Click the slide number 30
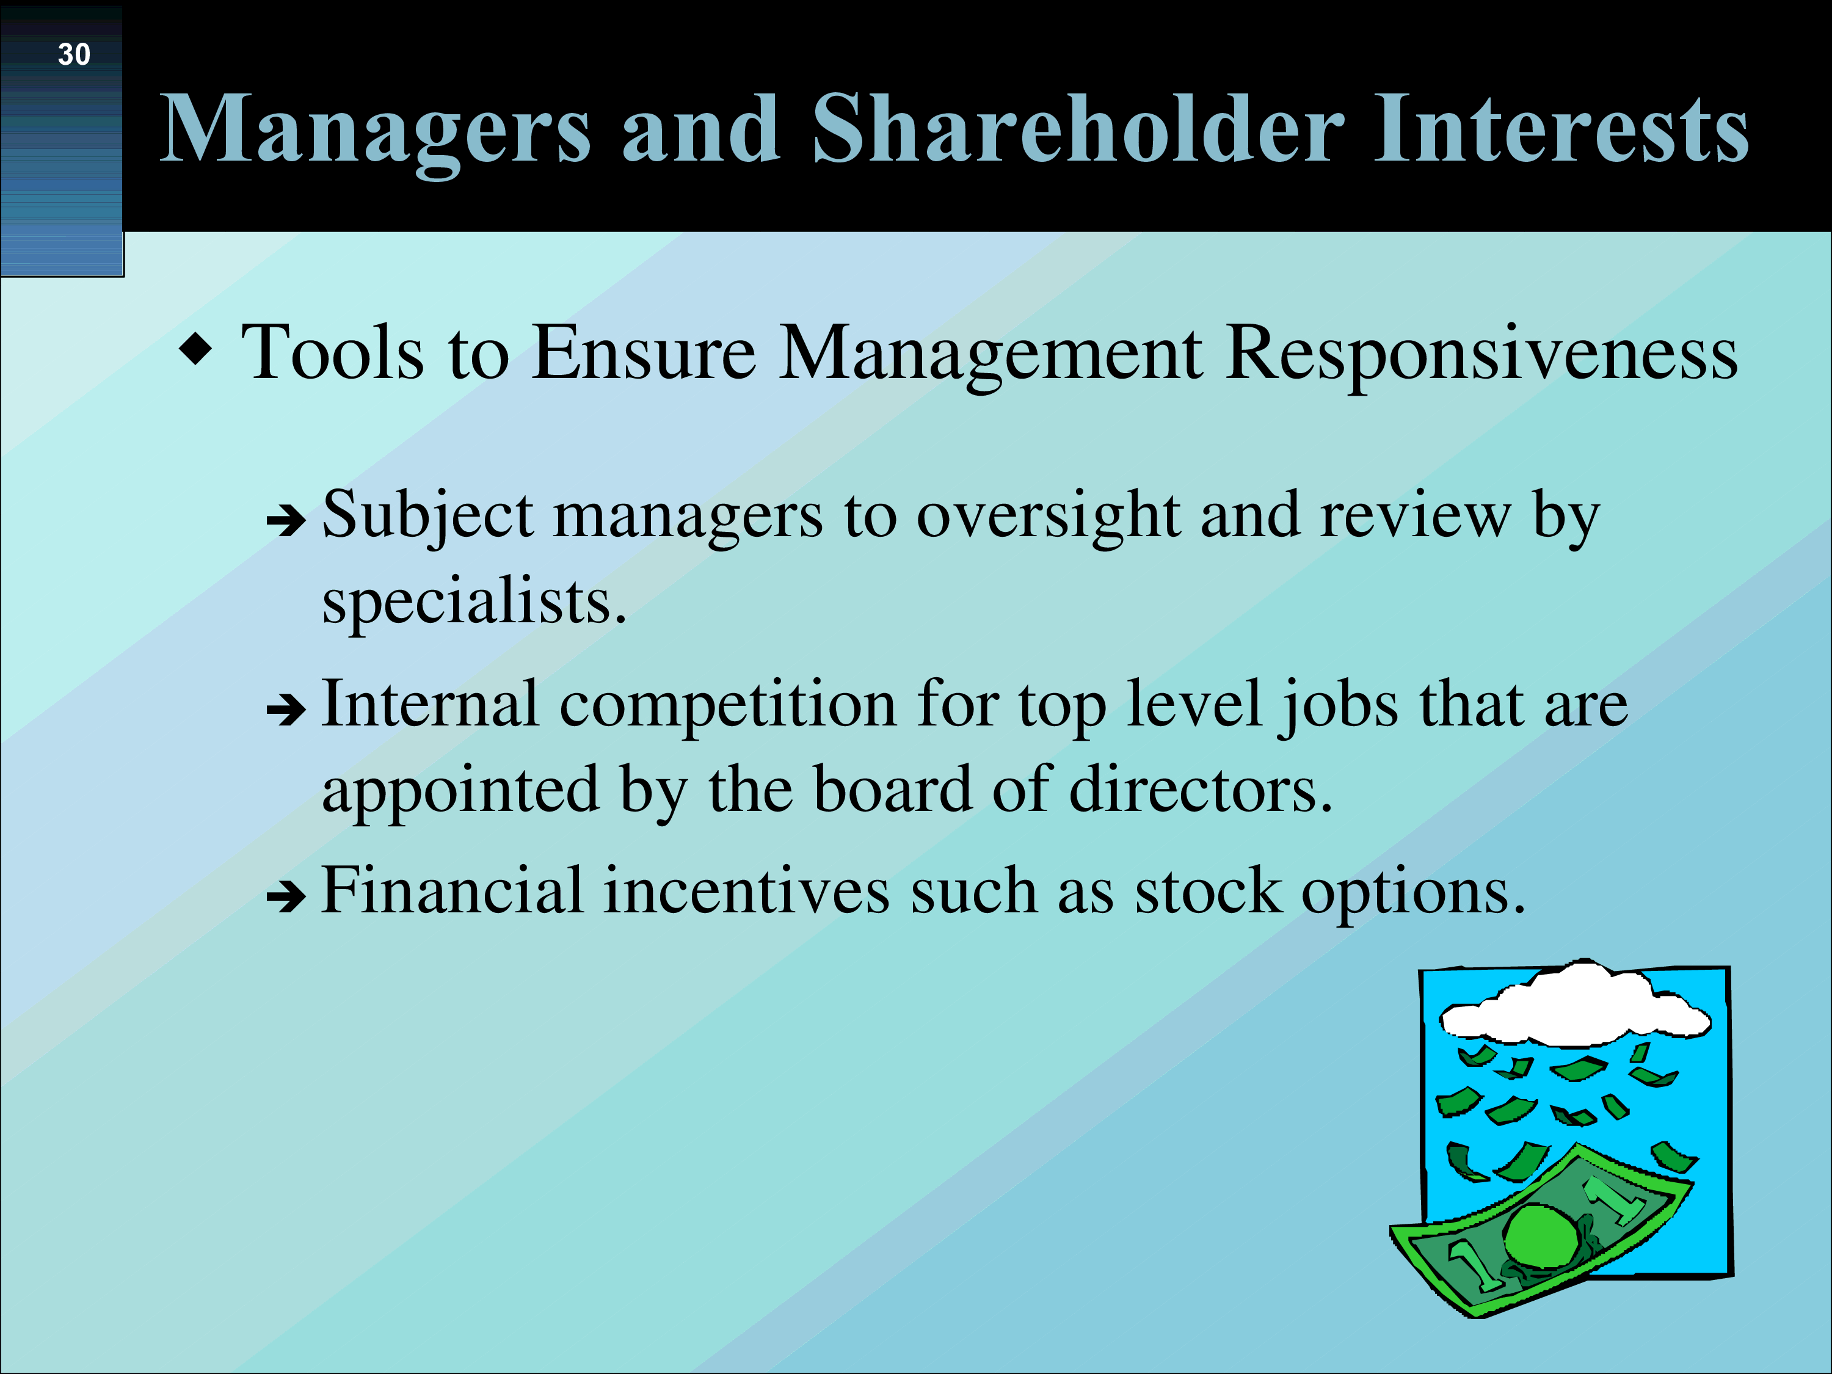pos(74,55)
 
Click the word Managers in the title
pos(375,130)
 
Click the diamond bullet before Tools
pos(195,349)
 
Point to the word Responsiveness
pos(1481,354)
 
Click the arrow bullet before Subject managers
pos(286,522)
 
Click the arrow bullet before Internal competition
pos(286,710)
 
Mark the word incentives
pos(746,891)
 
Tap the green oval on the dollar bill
pos(1541,1235)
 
